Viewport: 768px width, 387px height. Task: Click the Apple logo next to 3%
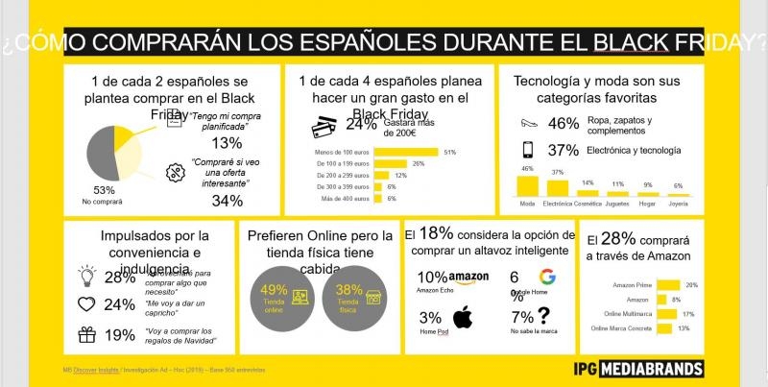(x=464, y=317)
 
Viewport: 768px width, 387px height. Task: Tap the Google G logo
(x=546, y=278)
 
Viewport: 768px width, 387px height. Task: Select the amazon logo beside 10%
(x=468, y=278)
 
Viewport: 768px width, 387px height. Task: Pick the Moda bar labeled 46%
(x=527, y=185)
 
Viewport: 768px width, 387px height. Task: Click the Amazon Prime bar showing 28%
(x=667, y=285)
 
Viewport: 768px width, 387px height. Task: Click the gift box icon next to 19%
(x=87, y=335)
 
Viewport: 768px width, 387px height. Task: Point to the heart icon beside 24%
(x=87, y=305)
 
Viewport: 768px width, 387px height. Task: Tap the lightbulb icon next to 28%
(x=87, y=276)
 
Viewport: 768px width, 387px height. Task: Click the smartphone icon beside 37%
(x=527, y=150)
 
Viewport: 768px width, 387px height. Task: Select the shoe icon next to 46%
(x=527, y=123)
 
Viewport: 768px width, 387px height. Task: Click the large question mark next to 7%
(x=544, y=315)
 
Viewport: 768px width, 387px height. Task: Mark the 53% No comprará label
(x=103, y=195)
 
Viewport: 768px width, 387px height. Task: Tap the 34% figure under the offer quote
(x=227, y=201)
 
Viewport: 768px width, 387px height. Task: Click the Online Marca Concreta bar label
(x=627, y=328)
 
